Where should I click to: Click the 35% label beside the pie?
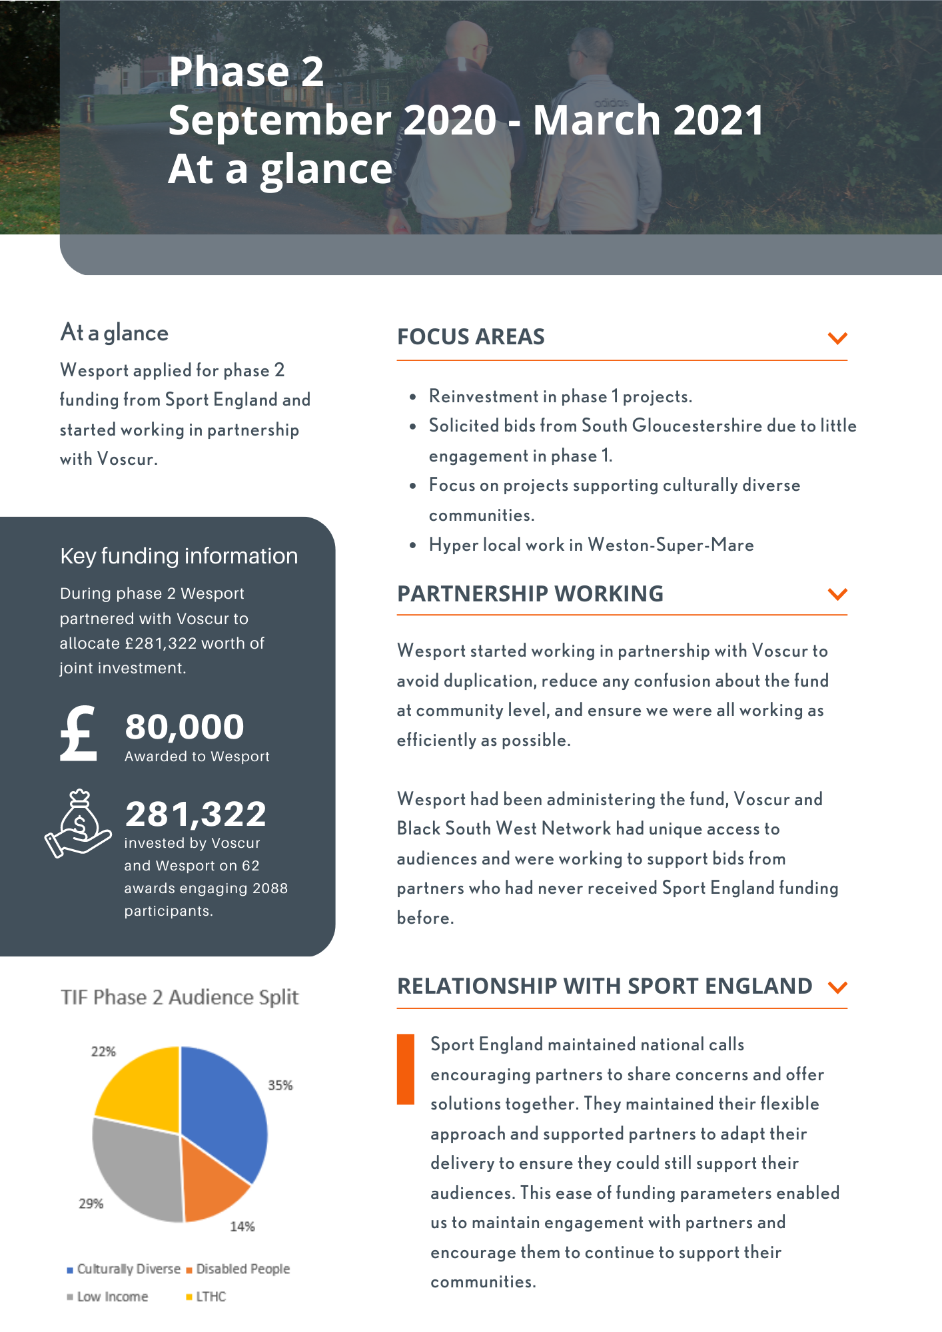[280, 1085]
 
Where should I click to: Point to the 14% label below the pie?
[242, 1226]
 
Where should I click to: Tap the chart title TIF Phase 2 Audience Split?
[179, 997]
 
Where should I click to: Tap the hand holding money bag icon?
[78, 824]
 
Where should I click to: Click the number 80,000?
[185, 727]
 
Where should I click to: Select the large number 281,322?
[196, 814]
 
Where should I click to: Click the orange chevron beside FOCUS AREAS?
[837, 338]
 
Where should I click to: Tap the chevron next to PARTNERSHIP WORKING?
[837, 593]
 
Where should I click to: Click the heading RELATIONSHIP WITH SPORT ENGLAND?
[604, 986]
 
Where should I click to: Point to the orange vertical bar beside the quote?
[405, 1069]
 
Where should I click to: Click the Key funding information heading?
[179, 556]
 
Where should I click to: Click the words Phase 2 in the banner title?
[246, 71]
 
